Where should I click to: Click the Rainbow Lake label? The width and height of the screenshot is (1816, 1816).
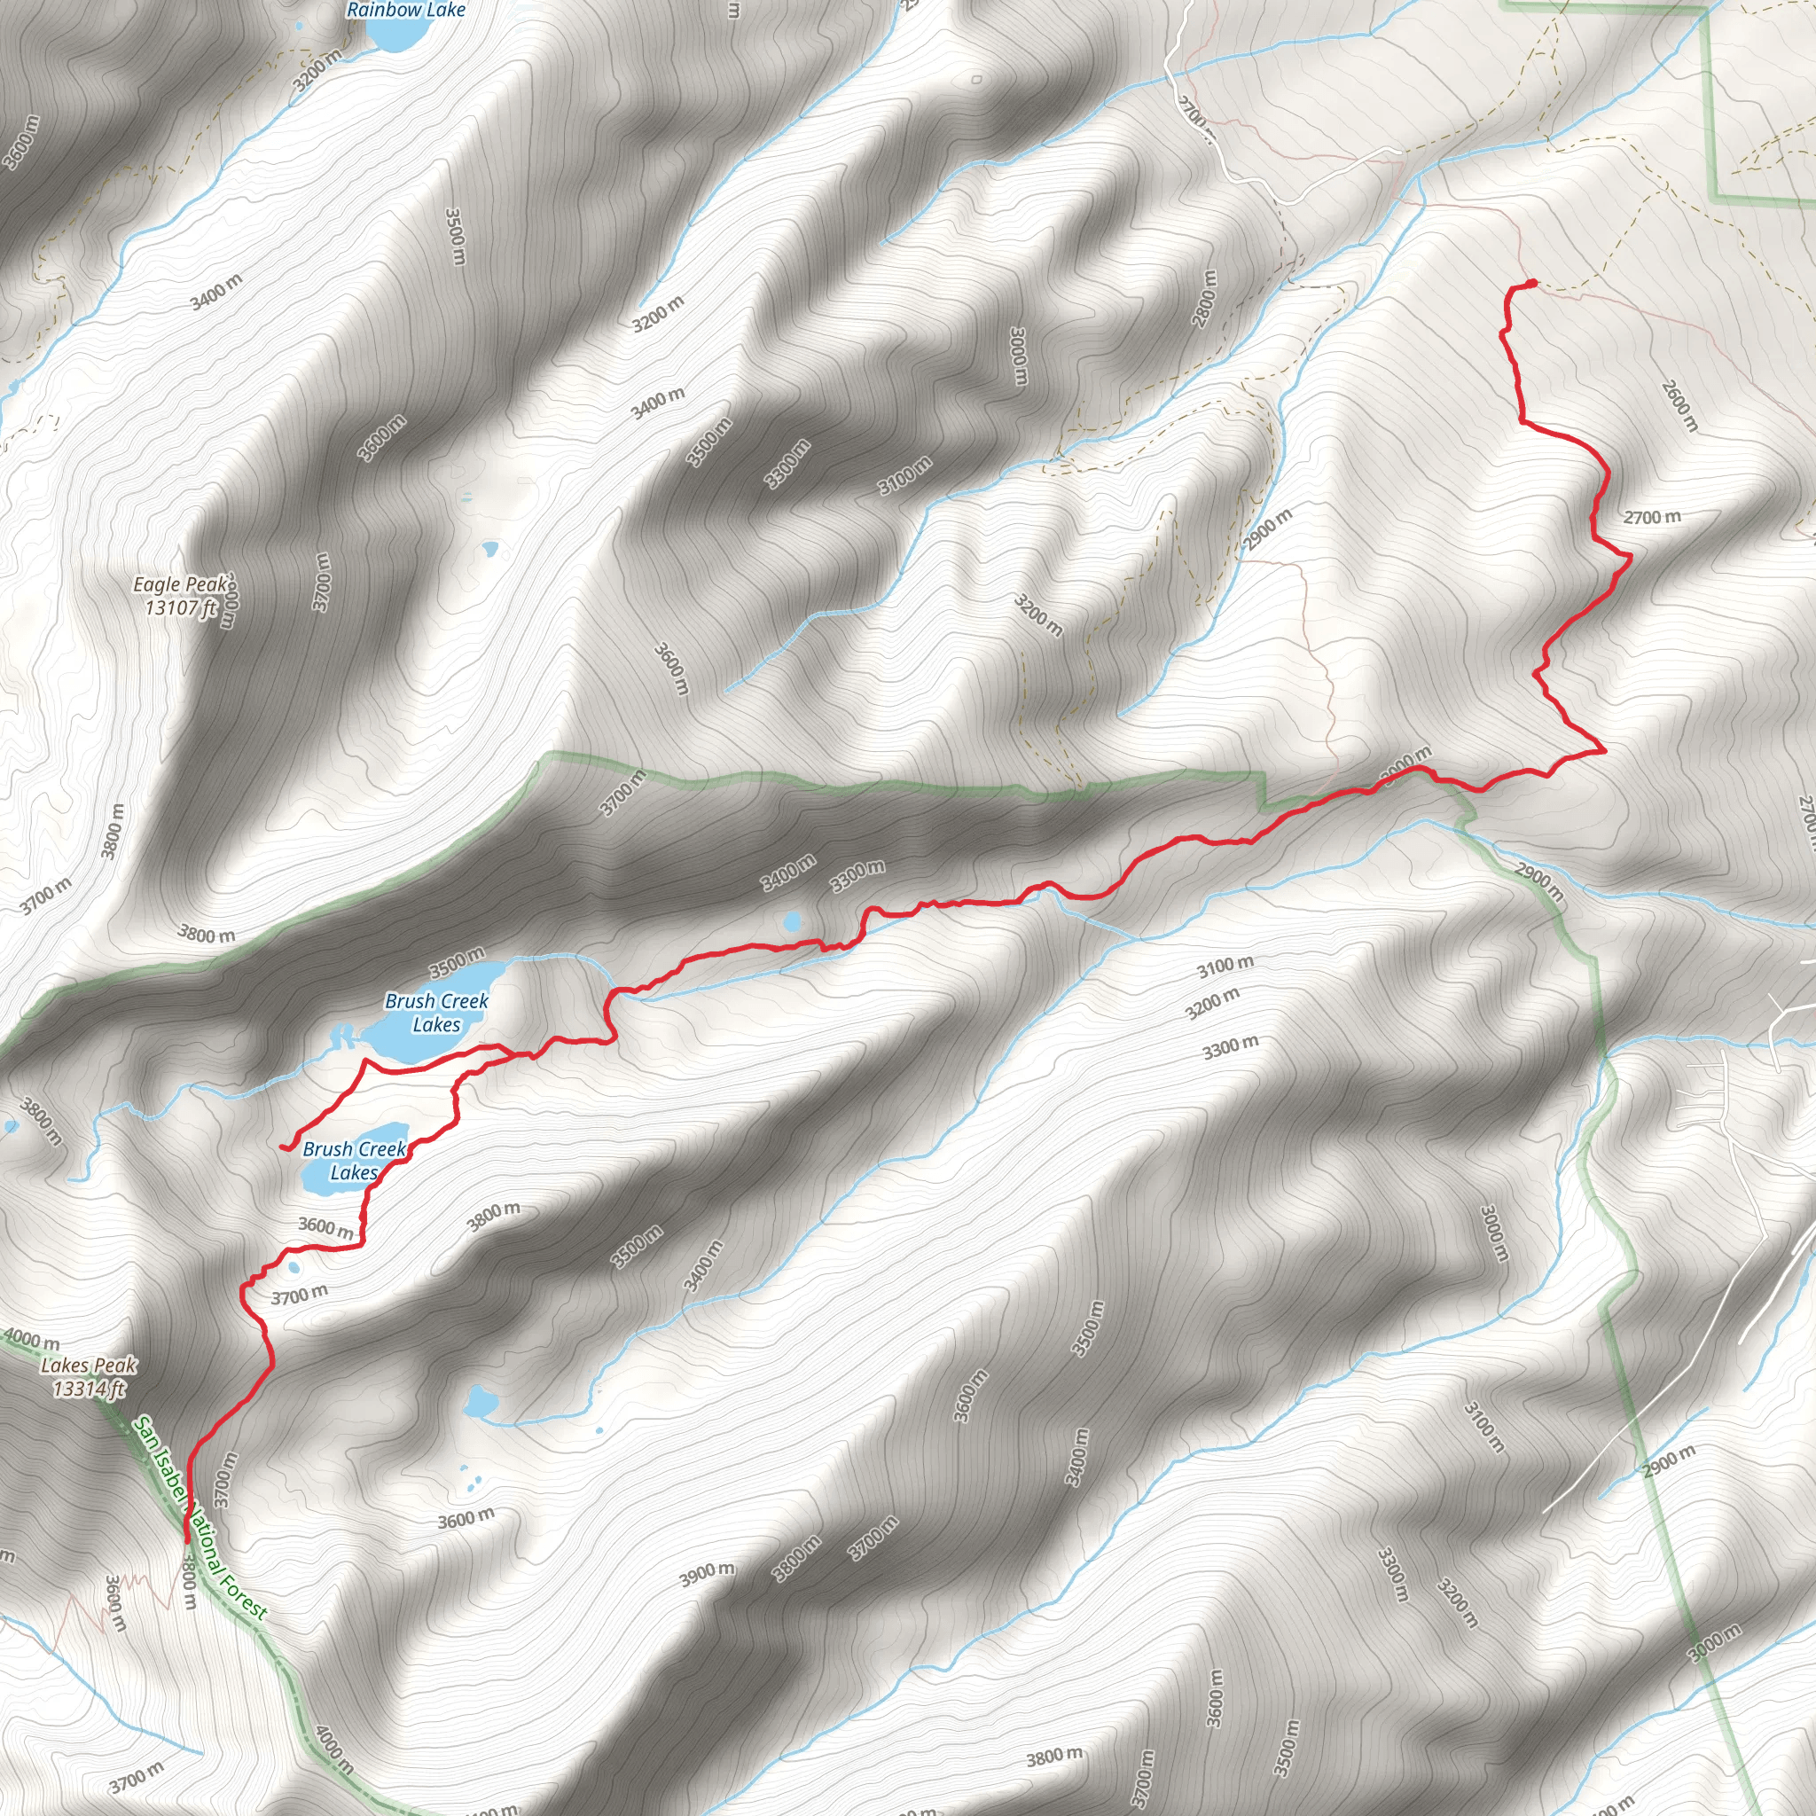(x=405, y=10)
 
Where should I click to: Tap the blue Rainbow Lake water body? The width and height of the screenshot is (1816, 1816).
(x=395, y=35)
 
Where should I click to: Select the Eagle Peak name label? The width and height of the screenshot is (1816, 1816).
(x=179, y=584)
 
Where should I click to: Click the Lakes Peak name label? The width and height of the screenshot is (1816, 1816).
(x=90, y=1366)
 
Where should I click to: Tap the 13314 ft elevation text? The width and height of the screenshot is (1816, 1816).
(x=90, y=1389)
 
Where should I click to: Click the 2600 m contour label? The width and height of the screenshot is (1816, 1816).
(x=1679, y=405)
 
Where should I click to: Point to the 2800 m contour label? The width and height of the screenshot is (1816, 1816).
(x=1204, y=298)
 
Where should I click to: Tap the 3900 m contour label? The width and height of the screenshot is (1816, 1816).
(x=707, y=1575)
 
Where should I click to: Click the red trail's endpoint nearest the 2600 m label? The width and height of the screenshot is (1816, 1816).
(x=1533, y=282)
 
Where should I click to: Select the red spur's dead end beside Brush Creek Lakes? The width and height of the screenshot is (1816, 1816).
(x=282, y=1146)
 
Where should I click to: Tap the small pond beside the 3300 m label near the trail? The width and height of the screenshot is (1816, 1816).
(x=793, y=921)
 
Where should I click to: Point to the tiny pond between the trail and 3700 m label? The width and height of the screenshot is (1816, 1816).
(x=294, y=1268)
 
